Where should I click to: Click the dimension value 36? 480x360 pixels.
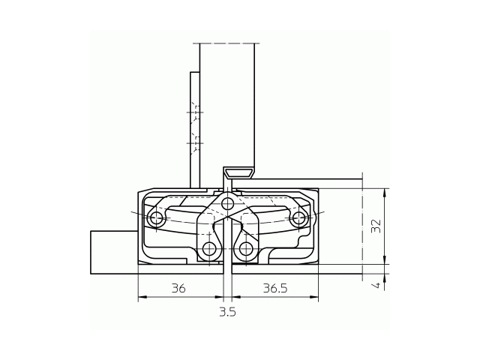[178, 288]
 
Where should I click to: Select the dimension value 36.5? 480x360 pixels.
[274, 288]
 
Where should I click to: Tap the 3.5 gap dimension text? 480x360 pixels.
[227, 311]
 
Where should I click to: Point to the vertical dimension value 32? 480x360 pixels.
[376, 225]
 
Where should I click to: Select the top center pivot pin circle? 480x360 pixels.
[228, 202]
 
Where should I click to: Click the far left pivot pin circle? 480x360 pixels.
[156, 218]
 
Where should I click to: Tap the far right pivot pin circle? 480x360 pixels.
[299, 218]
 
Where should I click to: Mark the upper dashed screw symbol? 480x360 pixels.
[195, 112]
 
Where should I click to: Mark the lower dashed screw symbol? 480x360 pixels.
[195, 141]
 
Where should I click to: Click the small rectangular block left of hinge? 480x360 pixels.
[113, 252]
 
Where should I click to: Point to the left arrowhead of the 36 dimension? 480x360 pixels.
[142, 298]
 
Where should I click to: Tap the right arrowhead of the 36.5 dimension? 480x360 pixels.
[315, 298]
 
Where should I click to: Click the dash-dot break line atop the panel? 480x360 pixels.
[226, 43]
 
